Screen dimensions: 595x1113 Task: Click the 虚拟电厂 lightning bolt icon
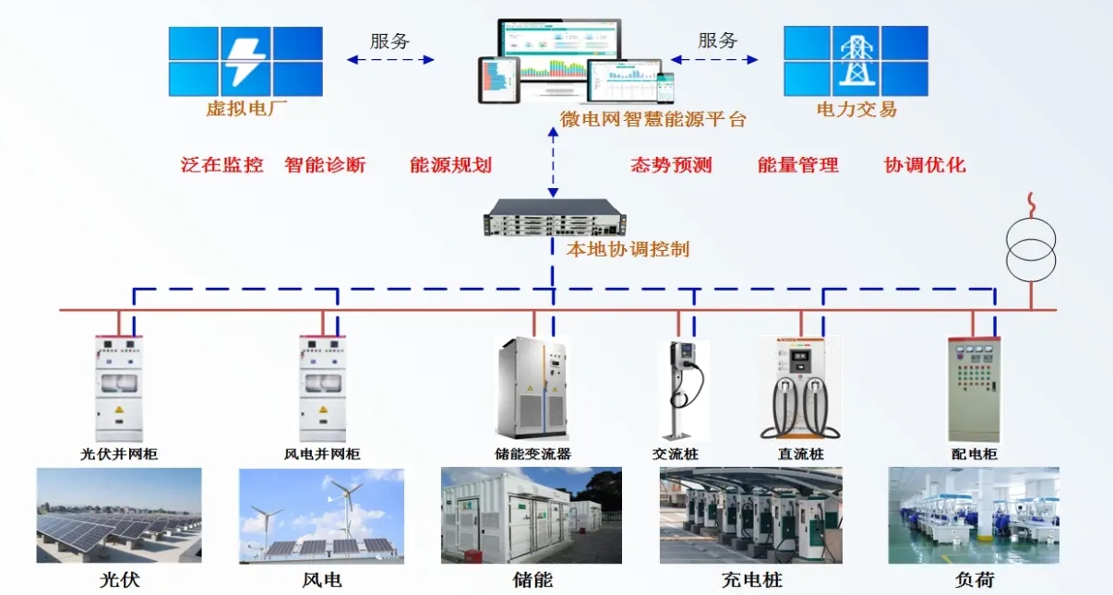click(x=245, y=61)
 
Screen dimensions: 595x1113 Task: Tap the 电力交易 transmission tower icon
click(x=855, y=61)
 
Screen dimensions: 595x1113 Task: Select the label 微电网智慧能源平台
click(x=652, y=119)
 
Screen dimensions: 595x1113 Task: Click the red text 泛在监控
click(x=222, y=165)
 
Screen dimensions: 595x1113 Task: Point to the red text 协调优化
click(x=925, y=165)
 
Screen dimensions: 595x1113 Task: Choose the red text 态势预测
click(x=671, y=165)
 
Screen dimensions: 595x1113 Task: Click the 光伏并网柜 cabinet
click(x=118, y=388)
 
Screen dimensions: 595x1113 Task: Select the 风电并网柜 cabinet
click(x=322, y=388)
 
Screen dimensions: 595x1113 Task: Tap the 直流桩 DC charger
click(x=799, y=387)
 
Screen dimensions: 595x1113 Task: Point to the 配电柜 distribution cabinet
click(x=974, y=388)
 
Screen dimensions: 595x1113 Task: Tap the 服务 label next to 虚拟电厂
click(x=390, y=41)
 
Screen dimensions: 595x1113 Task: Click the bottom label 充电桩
click(x=751, y=580)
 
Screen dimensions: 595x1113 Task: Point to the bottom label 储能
click(x=533, y=580)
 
